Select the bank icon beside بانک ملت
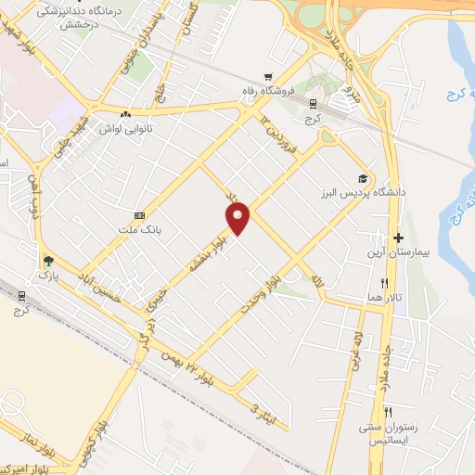(x=140, y=214)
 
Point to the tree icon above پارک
(x=47, y=261)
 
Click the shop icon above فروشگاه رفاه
(x=268, y=78)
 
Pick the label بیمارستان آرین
(x=399, y=252)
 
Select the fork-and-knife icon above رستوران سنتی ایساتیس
(x=390, y=412)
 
